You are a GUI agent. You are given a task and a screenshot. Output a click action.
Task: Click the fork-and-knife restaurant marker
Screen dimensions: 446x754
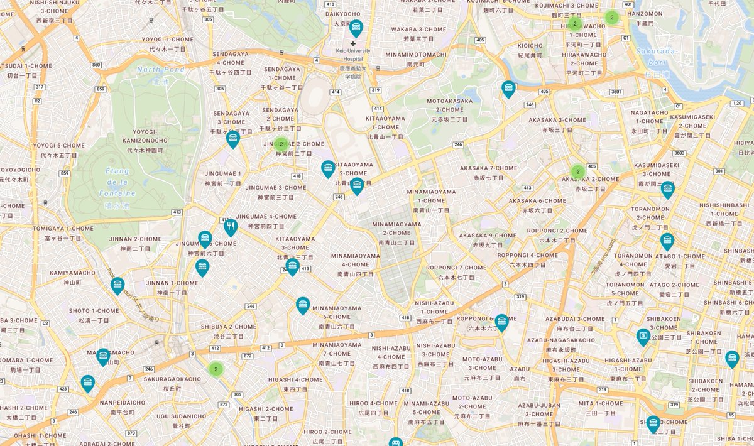(x=231, y=226)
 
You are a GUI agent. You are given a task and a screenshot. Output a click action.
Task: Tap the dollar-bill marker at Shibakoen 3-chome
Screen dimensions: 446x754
(x=643, y=337)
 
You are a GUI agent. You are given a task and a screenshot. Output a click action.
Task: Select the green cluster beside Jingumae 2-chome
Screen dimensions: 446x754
(x=281, y=144)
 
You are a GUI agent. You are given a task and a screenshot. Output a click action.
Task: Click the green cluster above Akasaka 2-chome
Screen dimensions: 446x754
(x=577, y=171)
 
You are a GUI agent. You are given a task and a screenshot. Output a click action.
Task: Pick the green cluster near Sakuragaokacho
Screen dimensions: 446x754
(x=216, y=369)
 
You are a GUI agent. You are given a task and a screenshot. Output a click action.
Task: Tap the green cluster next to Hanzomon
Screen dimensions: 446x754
(x=611, y=18)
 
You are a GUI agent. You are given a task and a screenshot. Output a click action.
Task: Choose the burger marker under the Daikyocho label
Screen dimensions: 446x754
(x=356, y=28)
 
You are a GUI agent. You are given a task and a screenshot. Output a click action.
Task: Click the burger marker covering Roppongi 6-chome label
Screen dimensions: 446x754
(x=501, y=322)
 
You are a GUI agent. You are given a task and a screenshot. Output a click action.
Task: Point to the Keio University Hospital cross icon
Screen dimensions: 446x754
(x=353, y=43)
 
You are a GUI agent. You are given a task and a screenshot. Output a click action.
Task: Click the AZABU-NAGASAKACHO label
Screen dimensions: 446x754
(x=561, y=340)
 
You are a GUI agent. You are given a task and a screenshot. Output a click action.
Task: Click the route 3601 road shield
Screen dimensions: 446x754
(x=616, y=92)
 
